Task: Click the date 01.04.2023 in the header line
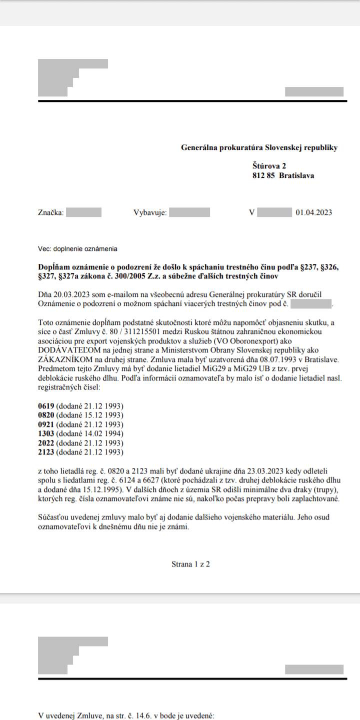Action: click(x=313, y=212)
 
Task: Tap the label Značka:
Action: click(x=51, y=212)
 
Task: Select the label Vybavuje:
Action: click(x=150, y=212)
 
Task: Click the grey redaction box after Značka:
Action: click(x=83, y=212)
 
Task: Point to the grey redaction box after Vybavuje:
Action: click(x=189, y=212)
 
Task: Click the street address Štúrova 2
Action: click(x=269, y=165)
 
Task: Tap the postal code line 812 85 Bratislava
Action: click(x=283, y=175)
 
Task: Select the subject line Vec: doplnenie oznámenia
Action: click(x=77, y=248)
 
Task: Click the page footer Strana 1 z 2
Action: click(x=190, y=564)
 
